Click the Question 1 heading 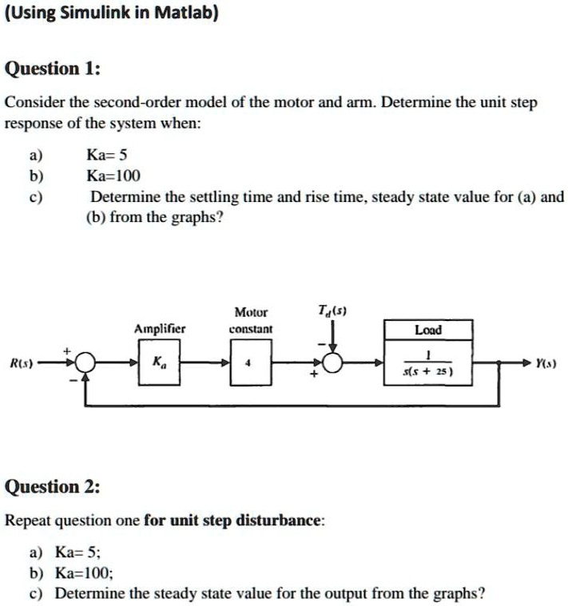click(53, 69)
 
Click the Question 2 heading click(53, 486)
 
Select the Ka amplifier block click(159, 362)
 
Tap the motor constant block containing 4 click(251, 362)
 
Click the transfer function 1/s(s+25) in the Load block click(427, 363)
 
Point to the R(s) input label click(22, 363)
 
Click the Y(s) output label click(546, 363)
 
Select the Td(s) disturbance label click(332, 311)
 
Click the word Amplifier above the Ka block click(160, 328)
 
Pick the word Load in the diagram click(428, 330)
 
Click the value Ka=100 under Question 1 click(113, 176)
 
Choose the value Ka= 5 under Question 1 click(107, 155)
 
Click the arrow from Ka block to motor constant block click(205, 362)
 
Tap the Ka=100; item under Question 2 click(85, 572)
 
